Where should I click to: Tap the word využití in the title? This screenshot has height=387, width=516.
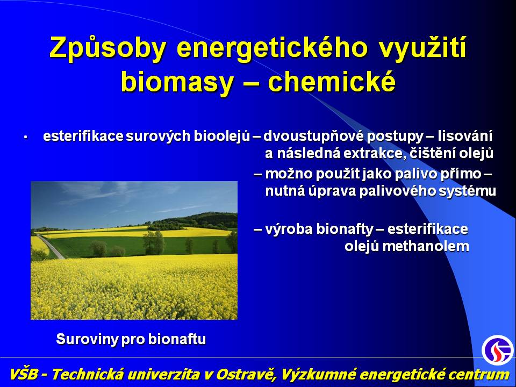[x=422, y=48]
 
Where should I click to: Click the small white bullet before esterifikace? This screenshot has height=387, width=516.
[x=25, y=137]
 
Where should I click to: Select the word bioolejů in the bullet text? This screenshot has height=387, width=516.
[x=222, y=136]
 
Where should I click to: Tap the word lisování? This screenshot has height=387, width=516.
[x=465, y=136]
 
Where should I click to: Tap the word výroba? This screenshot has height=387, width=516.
[x=289, y=229]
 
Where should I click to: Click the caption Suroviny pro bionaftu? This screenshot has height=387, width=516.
[x=131, y=339]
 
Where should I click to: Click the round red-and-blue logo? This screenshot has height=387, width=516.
[x=498, y=350]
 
